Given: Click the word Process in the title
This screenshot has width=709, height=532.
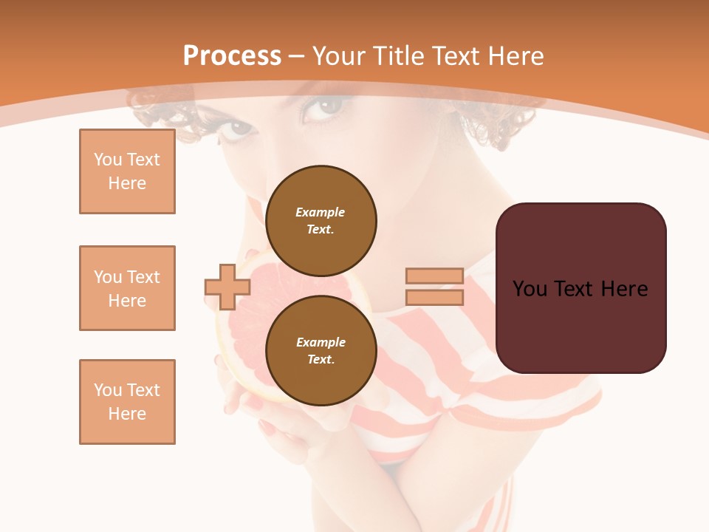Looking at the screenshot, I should (232, 56).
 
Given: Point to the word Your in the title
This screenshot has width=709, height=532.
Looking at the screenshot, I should (340, 56).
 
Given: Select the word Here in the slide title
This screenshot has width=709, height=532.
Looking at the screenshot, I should (514, 56).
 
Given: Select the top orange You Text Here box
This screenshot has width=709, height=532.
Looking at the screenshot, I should (127, 171).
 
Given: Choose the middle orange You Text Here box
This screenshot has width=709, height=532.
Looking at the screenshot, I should (127, 288).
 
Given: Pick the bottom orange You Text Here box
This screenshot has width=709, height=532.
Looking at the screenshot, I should (127, 402).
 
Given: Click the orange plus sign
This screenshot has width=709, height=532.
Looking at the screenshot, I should (227, 287).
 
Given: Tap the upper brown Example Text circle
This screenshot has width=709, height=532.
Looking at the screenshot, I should (321, 220).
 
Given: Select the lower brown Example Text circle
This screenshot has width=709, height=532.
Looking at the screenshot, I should (321, 350).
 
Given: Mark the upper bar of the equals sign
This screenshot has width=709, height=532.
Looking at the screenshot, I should (434, 276).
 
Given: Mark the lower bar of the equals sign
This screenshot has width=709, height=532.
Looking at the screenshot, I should (434, 298).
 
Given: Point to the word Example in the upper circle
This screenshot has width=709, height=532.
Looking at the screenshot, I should (321, 212).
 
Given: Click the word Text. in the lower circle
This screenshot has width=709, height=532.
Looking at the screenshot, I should (321, 360).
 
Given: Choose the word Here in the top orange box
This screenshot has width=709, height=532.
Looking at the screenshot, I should (127, 183).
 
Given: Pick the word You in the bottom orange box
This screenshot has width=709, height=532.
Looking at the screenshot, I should (108, 390).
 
